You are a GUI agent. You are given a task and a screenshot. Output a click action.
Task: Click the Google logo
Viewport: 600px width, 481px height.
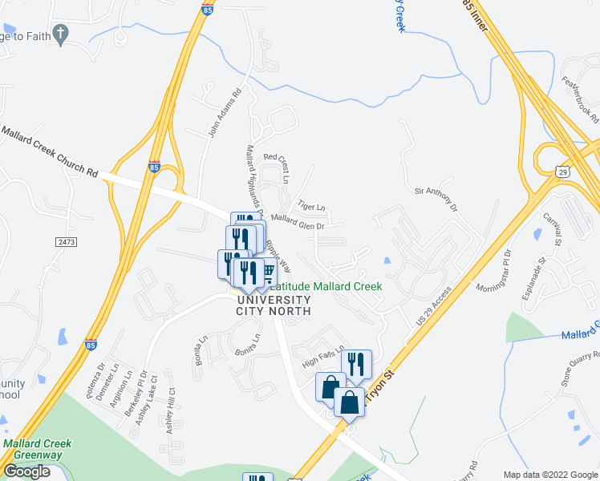(x=26, y=471)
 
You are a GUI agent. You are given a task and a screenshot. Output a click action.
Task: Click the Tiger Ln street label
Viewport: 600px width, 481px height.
(x=312, y=205)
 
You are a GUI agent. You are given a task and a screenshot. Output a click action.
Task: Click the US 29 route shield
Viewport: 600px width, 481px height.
(x=562, y=170)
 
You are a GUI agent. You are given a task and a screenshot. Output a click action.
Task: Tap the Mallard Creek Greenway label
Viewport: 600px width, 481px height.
(x=37, y=449)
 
